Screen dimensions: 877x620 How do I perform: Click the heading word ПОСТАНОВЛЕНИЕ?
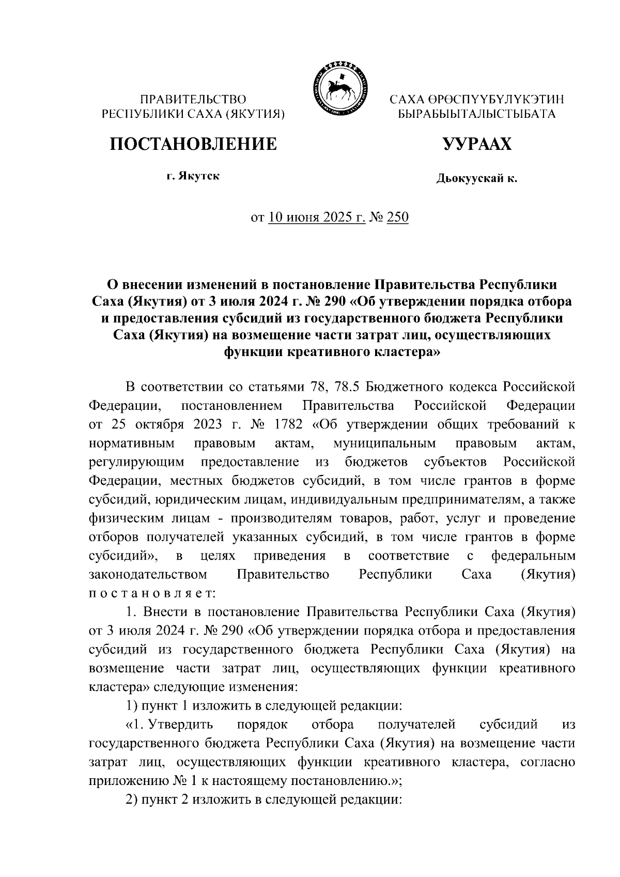193,144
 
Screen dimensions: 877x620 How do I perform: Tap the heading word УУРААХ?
476,144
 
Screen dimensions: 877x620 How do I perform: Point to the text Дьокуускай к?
476,179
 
